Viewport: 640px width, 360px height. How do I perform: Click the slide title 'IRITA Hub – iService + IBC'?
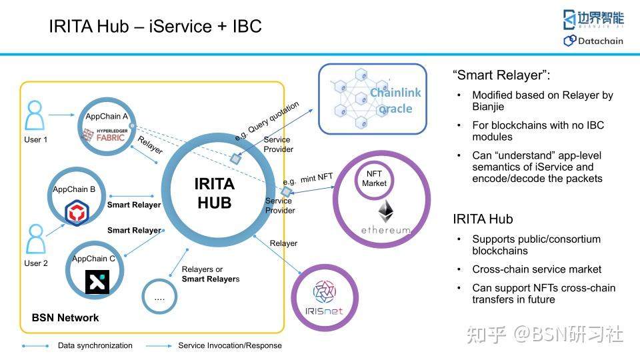(155, 27)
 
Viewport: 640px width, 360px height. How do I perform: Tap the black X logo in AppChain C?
(97, 281)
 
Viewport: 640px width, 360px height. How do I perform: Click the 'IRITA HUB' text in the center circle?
(214, 193)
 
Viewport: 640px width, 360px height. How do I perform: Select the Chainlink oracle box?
(372, 98)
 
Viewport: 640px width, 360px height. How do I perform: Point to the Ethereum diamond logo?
(385, 211)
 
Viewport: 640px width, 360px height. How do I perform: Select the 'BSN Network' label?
(65, 318)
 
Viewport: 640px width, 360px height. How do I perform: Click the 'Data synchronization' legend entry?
(95, 345)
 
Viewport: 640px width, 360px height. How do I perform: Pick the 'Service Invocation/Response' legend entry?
(229, 345)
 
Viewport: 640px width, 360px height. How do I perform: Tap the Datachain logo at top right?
(593, 41)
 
